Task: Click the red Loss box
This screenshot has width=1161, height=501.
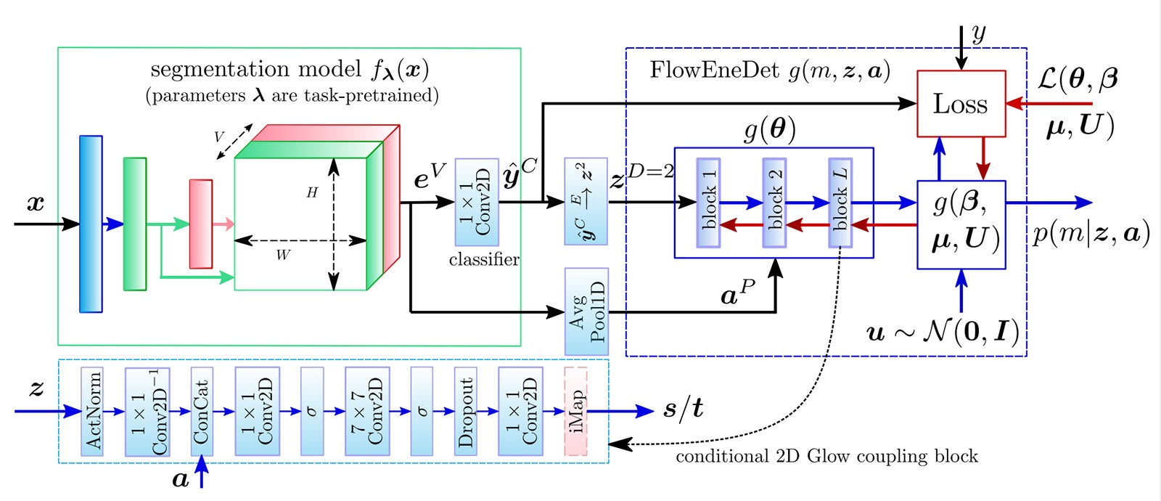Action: [x=961, y=103]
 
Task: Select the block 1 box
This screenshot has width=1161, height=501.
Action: [x=708, y=203]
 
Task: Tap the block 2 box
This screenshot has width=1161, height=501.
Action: [x=774, y=203]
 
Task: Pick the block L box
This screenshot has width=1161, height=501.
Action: [x=840, y=203]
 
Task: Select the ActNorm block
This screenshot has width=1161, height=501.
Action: [x=92, y=411]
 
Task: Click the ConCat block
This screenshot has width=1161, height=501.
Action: [x=202, y=411]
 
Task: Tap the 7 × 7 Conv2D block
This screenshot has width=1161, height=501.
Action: [x=367, y=411]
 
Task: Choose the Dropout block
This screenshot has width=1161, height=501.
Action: [x=466, y=411]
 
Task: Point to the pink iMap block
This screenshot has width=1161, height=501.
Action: [x=575, y=411]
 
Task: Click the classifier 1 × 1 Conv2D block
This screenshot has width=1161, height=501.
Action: [x=477, y=202]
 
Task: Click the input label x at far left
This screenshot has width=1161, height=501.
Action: [x=35, y=204]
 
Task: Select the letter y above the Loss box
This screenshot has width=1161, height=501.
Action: [x=979, y=33]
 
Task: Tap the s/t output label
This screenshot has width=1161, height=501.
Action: [x=684, y=409]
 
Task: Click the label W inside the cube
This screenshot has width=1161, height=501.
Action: [x=282, y=255]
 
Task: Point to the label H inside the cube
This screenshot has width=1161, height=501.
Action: [x=312, y=192]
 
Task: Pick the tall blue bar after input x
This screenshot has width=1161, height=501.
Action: [x=91, y=224]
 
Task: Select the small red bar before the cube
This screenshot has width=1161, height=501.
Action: [x=201, y=224]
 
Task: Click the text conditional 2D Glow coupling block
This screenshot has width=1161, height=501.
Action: [x=826, y=457]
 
